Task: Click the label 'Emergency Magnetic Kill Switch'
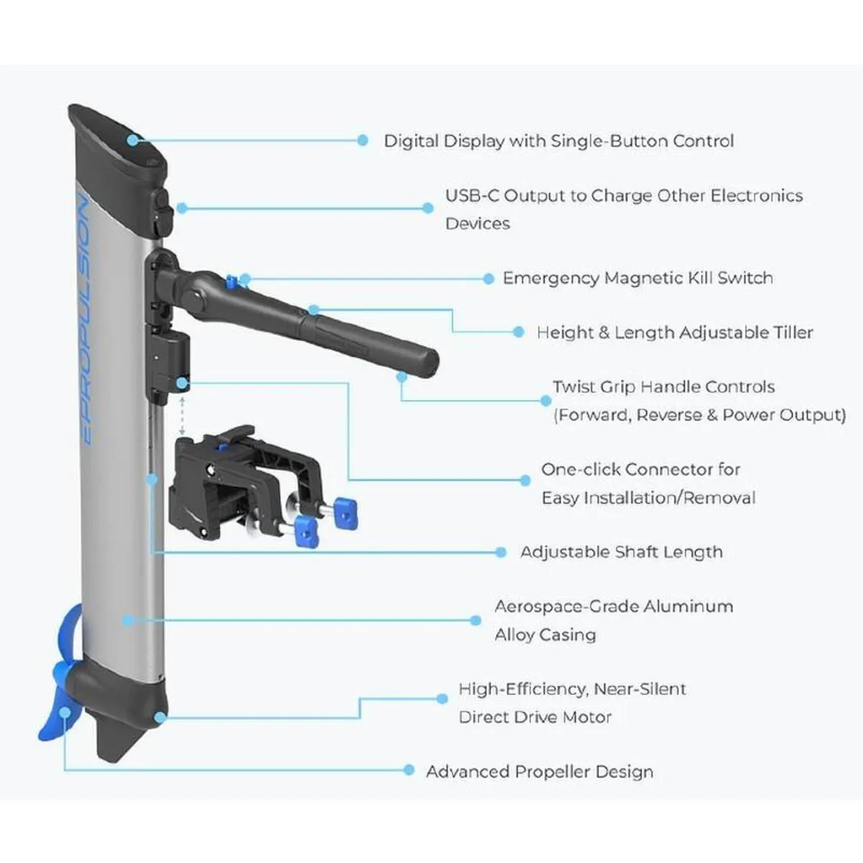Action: (637, 278)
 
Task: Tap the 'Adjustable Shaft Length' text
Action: (621, 552)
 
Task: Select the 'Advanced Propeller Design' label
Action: (539, 772)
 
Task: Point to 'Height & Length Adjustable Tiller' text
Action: (675, 333)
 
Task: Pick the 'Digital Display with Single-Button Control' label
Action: (558, 141)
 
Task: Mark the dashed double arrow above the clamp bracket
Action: (183, 415)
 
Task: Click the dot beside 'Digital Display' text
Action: (362, 140)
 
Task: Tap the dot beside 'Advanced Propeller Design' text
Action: (408, 770)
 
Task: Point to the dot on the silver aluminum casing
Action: (128, 619)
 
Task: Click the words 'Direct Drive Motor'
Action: (535, 717)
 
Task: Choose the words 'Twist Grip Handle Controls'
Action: (663, 387)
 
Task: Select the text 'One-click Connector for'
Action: (640, 470)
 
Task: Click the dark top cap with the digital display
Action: (119, 144)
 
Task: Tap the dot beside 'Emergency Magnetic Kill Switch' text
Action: (488, 278)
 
